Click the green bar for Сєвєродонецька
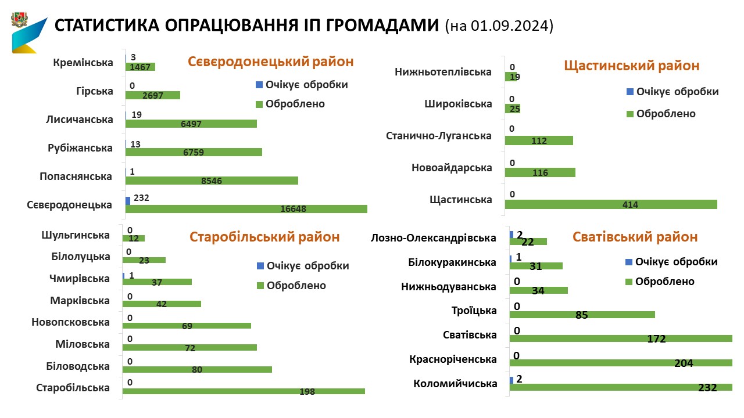(246, 209)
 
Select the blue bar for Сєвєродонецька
(128, 200)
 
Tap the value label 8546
(212, 181)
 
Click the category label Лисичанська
(79, 120)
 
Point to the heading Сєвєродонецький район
(270, 62)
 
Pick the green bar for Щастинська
(610, 204)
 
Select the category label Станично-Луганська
(439, 136)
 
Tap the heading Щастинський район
(632, 66)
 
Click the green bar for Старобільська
(244, 391)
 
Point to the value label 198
(307, 392)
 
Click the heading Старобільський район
(264, 237)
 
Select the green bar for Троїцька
(582, 315)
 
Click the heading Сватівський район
(635, 237)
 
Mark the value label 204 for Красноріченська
(684, 363)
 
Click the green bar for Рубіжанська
(194, 152)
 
